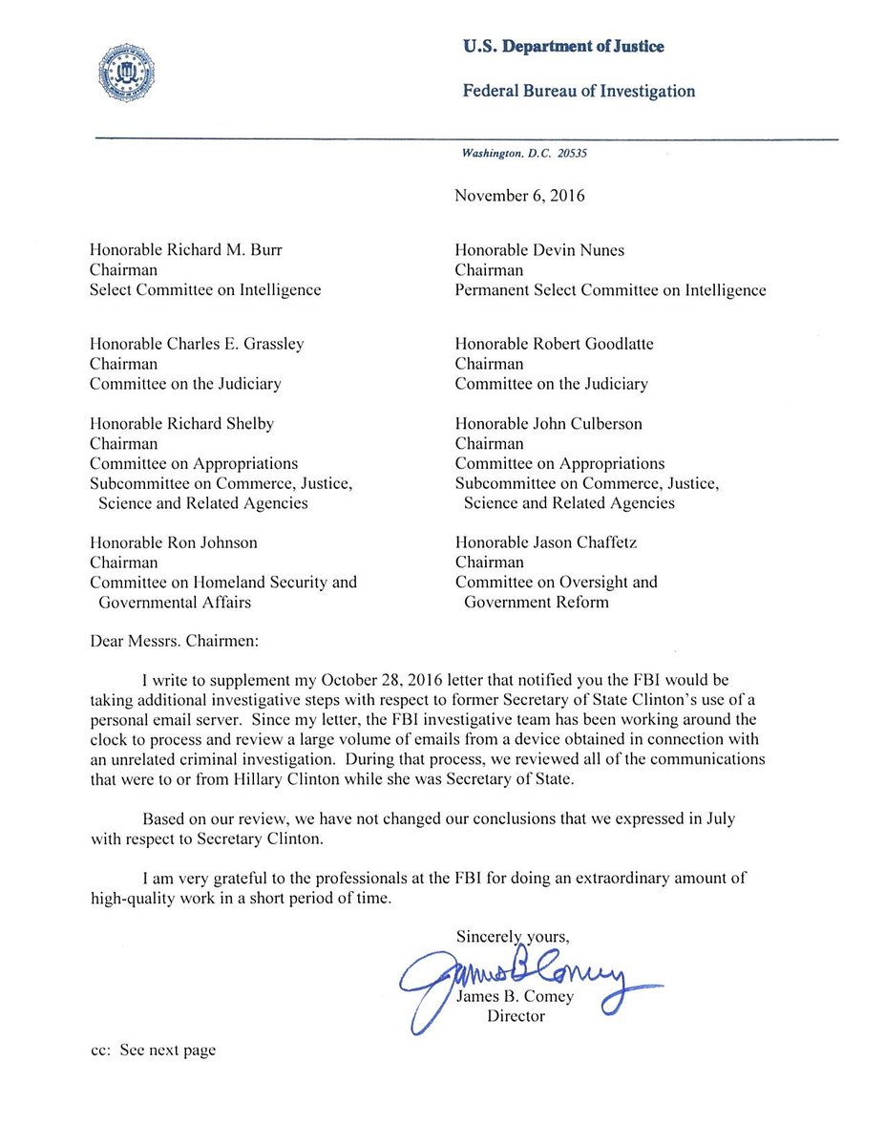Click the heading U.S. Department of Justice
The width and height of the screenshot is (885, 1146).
click(563, 46)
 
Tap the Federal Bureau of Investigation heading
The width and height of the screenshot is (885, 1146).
click(579, 92)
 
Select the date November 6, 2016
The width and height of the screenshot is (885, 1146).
click(519, 197)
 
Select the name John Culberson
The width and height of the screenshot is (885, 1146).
click(588, 423)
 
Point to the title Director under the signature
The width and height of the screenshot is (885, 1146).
click(516, 1015)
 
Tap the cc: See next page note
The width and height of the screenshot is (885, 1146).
click(153, 1050)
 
